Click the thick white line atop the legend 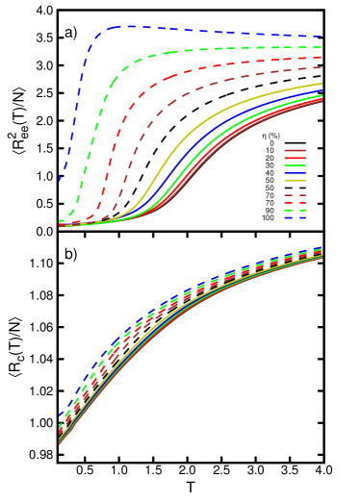coord(295,136)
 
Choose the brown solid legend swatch coord(295,150)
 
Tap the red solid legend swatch coord(295,158)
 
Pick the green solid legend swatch coord(295,165)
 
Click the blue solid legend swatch coord(295,173)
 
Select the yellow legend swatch coord(295,180)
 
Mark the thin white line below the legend coord(295,226)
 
